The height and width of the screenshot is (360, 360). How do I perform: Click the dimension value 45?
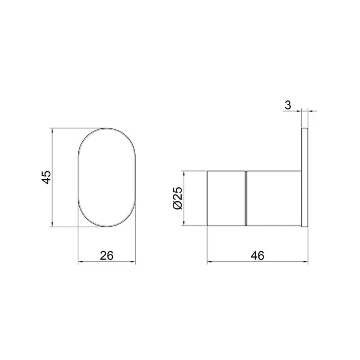pyautogui.click(x=46, y=177)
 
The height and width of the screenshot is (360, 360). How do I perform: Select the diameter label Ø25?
pyautogui.click(x=178, y=198)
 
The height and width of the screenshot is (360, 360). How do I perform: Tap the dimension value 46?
pyautogui.click(x=258, y=255)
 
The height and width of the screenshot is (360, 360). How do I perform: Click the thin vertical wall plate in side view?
pyautogui.click(x=304, y=178)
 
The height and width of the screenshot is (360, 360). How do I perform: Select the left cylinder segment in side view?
pyautogui.click(x=225, y=198)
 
